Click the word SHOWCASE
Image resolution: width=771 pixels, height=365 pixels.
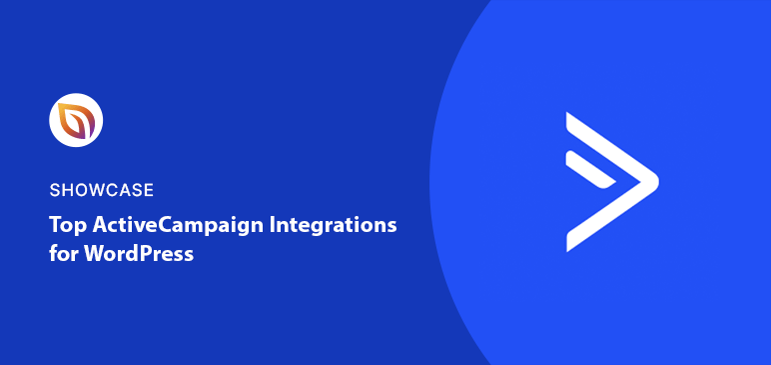pyautogui.click(x=101, y=190)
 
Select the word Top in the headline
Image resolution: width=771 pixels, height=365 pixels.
pyautogui.click(x=66, y=226)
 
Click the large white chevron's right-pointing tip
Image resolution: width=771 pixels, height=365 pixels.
pyautogui.click(x=653, y=181)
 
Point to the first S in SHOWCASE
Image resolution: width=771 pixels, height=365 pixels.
pyautogui.click(x=54, y=190)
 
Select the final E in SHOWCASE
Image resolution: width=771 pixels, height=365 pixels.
pyautogui.click(x=148, y=190)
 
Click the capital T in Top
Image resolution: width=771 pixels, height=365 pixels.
pyautogui.click(x=56, y=226)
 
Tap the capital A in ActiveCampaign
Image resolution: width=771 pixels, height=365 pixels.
pyautogui.click(x=98, y=226)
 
